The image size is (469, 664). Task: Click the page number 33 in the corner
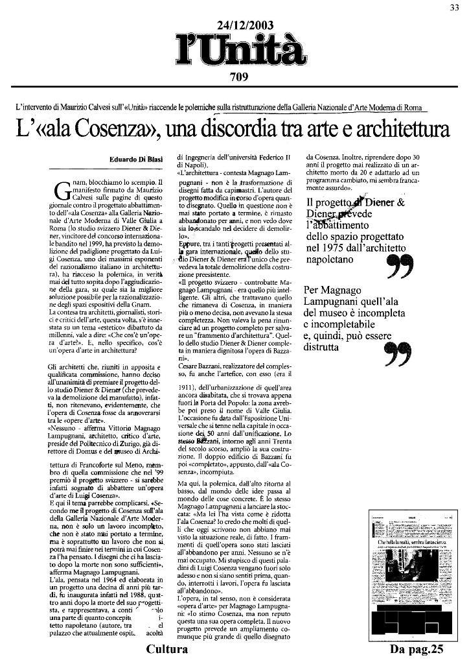pos(455,7)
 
